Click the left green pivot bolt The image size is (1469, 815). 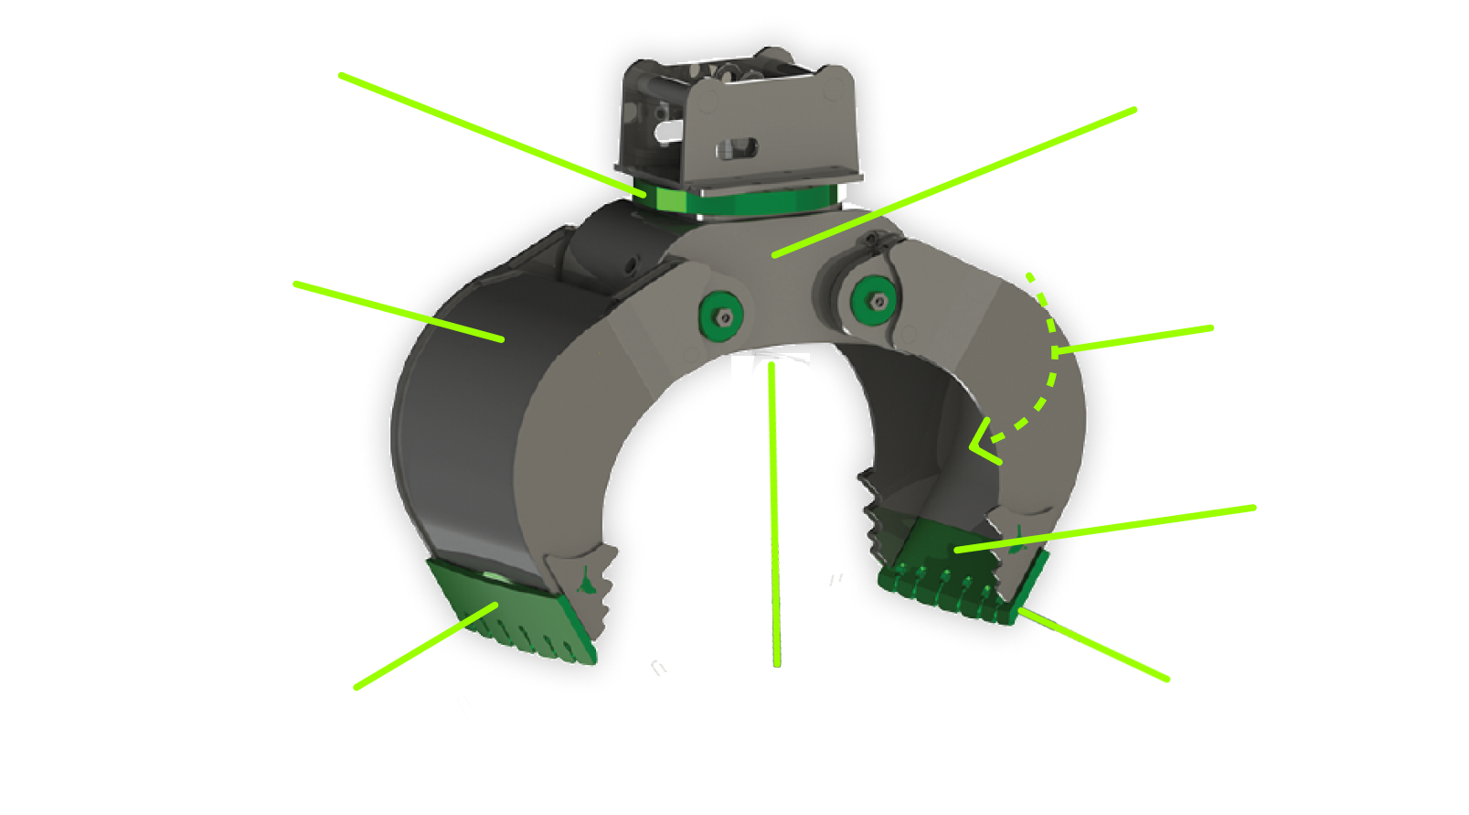click(721, 316)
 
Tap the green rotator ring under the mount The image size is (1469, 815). click(740, 198)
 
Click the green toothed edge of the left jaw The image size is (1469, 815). click(512, 613)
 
